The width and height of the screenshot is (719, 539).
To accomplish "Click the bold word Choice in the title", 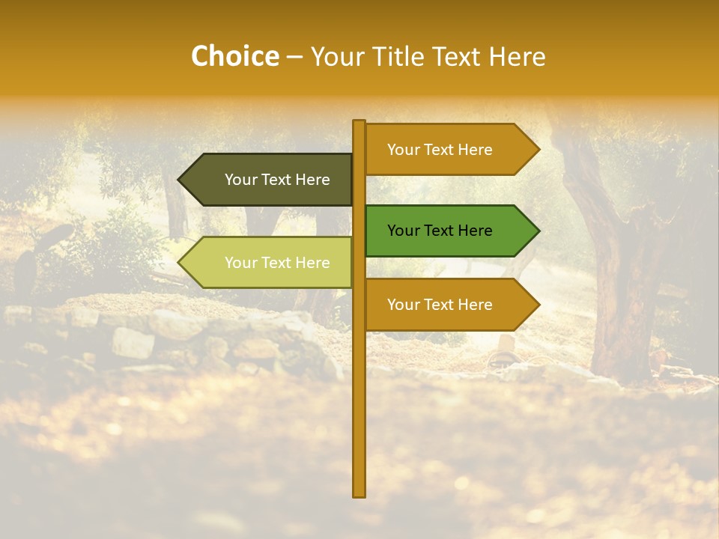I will click(x=234, y=56).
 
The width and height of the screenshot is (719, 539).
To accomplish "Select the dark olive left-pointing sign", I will click(x=270, y=180).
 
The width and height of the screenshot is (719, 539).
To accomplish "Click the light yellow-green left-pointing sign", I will click(x=270, y=263).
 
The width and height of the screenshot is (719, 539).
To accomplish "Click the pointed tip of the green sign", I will click(x=538, y=231).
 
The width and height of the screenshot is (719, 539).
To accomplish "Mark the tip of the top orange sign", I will click(x=538, y=150).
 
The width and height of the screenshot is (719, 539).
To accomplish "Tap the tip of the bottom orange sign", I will click(x=538, y=305).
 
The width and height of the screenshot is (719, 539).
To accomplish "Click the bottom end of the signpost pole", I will click(x=359, y=494).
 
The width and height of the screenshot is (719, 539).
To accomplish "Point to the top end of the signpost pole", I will click(x=359, y=122).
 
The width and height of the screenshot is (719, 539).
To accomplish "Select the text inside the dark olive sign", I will click(x=277, y=180).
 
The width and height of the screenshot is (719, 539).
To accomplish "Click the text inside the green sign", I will click(x=440, y=231).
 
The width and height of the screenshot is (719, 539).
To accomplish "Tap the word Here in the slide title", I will click(x=518, y=57).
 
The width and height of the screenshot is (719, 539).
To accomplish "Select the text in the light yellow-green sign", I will click(x=277, y=263).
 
